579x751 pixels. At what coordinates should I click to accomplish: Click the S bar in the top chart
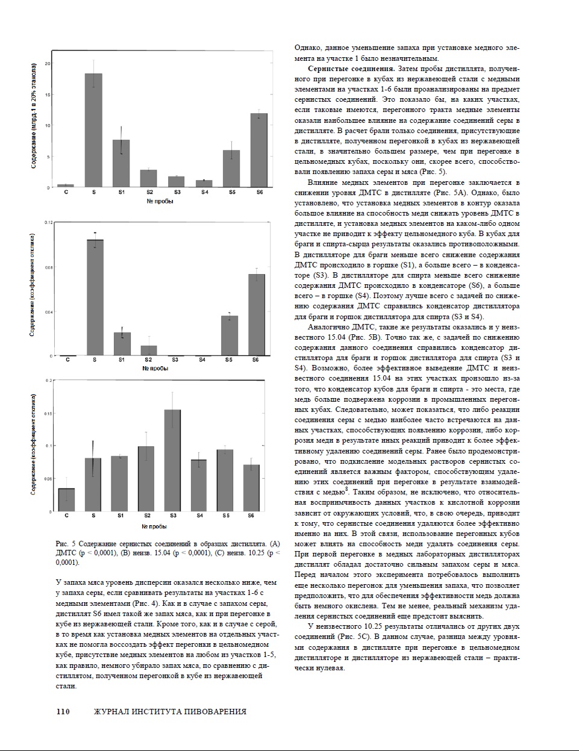pos(93,130)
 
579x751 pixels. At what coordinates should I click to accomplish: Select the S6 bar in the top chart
pos(258,151)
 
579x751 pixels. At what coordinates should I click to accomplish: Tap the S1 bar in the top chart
pos(121,163)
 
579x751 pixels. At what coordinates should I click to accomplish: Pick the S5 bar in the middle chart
pos(229,335)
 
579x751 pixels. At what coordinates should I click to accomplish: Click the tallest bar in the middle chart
pos(95,298)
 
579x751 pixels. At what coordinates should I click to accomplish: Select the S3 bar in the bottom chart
pos(172,461)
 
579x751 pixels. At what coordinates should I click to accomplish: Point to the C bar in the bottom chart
pos(66,500)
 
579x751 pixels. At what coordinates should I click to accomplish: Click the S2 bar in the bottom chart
pos(146,479)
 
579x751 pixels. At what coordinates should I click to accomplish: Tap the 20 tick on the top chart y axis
pos(48,63)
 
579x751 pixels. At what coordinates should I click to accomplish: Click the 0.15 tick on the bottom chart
pos(49,413)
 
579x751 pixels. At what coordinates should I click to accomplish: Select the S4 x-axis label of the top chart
pos(205,192)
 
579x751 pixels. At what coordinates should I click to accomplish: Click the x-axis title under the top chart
pos(160,201)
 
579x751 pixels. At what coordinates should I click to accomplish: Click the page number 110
pos(63,711)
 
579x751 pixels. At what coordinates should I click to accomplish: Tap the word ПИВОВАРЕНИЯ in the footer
pos(214,711)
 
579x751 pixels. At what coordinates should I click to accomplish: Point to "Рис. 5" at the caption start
pos(65,544)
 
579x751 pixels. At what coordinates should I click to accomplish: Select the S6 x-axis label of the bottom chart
pos(251,516)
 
